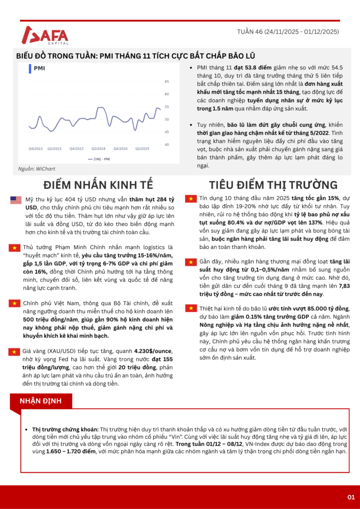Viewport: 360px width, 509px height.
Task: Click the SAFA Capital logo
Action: [45, 35]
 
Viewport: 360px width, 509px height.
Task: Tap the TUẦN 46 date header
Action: [288, 31]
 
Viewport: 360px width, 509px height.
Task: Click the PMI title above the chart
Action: [40, 68]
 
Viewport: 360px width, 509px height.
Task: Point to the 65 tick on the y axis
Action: [167, 81]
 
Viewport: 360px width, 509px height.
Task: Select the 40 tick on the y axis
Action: [167, 145]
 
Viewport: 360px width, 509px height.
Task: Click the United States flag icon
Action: [16, 200]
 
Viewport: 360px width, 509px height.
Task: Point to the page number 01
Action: [351, 497]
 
